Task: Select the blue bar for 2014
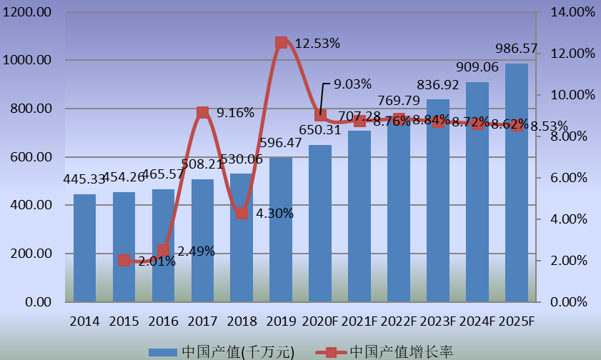[84, 248]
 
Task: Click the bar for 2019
[281, 229]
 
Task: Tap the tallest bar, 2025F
[517, 182]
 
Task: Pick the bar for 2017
[202, 240]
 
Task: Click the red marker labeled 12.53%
[281, 43]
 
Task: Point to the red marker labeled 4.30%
[242, 213]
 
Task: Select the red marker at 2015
[124, 261]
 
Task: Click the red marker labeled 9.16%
[202, 112]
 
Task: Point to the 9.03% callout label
[352, 84]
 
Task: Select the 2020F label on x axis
[320, 321]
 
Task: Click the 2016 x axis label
[163, 321]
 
